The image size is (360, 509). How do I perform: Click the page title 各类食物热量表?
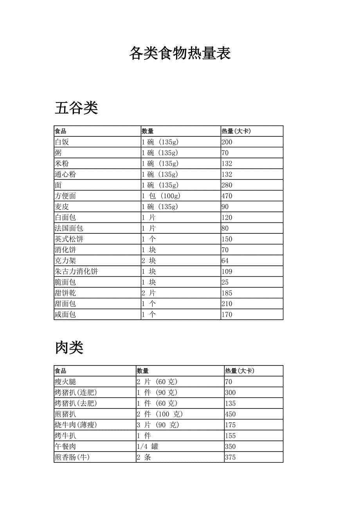(x=180, y=53)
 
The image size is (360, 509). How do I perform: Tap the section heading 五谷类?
(x=76, y=108)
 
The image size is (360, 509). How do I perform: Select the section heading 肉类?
(x=69, y=347)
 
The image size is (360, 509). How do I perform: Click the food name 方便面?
(x=65, y=196)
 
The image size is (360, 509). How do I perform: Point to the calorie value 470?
(x=227, y=196)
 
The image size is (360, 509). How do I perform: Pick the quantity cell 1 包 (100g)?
(x=161, y=196)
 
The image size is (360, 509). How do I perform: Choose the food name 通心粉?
(x=65, y=174)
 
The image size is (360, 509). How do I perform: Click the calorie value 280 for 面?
(x=227, y=185)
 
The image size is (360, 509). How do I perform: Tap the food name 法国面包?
(x=69, y=228)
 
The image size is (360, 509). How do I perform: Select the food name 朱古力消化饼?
(x=76, y=271)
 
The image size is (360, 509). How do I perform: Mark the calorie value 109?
(x=227, y=271)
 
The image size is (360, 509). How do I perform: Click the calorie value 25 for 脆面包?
(x=225, y=282)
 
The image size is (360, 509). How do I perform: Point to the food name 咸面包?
(x=65, y=314)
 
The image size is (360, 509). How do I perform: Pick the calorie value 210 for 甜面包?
(x=227, y=304)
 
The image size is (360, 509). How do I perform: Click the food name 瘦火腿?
(x=65, y=382)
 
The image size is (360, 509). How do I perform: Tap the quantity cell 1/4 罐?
(x=148, y=446)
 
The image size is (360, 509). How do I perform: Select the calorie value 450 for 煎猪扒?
(x=230, y=414)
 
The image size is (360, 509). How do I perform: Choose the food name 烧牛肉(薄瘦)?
(x=76, y=425)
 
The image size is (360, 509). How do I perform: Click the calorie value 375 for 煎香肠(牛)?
(x=230, y=457)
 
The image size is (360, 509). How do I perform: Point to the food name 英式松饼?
(x=69, y=239)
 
